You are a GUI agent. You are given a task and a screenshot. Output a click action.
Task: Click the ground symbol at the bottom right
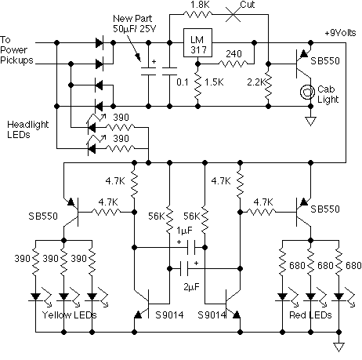[339, 345]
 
